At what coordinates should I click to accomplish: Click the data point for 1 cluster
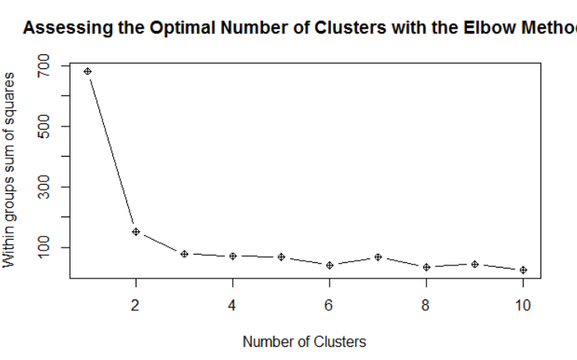click(x=88, y=71)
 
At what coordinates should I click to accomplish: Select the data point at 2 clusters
click(x=136, y=231)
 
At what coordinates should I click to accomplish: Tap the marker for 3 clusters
click(x=185, y=254)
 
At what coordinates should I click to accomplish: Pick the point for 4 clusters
click(x=233, y=256)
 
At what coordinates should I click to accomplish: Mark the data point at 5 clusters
click(x=282, y=257)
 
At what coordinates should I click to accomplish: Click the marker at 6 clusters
click(x=330, y=265)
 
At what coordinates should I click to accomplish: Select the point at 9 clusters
click(x=475, y=265)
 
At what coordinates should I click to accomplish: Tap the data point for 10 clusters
click(x=523, y=270)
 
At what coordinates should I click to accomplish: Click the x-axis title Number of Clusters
click(x=304, y=341)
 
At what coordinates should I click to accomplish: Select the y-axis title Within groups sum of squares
click(x=10, y=169)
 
